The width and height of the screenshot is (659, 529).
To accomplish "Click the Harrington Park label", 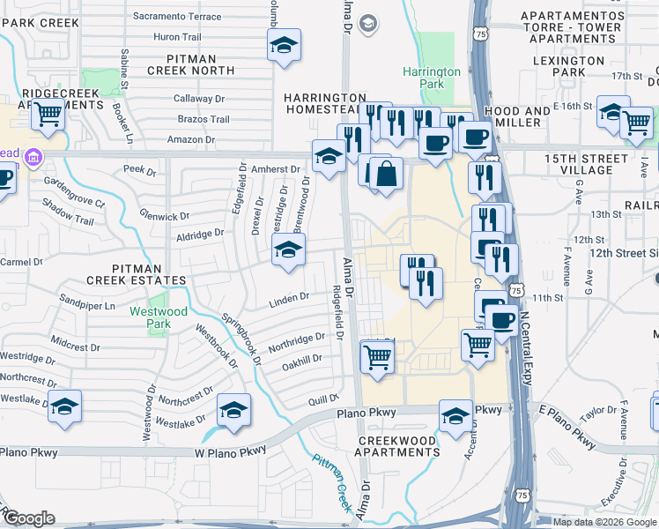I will coord(432,78).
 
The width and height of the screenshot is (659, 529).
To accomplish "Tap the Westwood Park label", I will coord(159,317).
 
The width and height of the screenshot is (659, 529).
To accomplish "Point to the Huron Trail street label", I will coord(178,37).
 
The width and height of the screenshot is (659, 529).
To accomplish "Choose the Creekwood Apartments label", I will coord(396,446).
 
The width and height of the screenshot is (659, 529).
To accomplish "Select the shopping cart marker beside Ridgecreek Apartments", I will coord(48,112).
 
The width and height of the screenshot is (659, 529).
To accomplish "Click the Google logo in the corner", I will coord(28,518).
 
